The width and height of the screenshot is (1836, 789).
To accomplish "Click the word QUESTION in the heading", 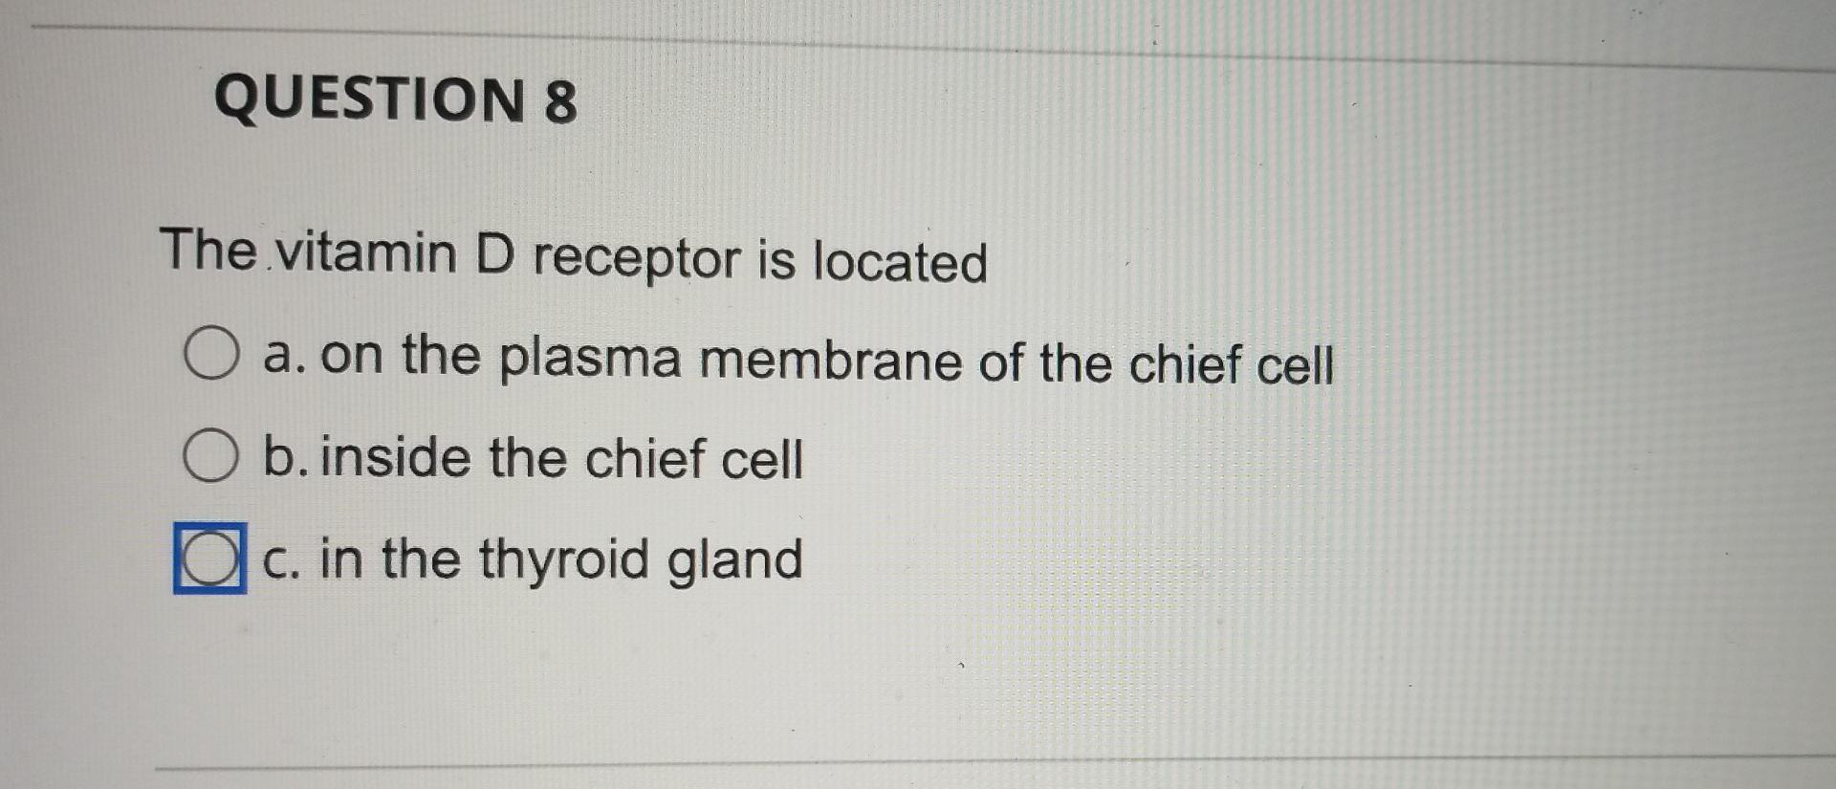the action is pos(369,99).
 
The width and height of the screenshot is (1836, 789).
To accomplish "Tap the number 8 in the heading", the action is pos(561,102).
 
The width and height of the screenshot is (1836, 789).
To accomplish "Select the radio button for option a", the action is pos(211,353).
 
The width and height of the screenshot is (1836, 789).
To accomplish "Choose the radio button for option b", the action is pos(210,455).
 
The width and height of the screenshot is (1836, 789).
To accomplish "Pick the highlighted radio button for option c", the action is pos(209,559).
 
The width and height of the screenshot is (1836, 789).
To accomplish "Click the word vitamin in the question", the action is pos(366,252).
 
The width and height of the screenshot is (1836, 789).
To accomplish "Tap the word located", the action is pos(900,262).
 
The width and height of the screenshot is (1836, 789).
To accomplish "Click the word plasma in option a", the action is pos(590,359).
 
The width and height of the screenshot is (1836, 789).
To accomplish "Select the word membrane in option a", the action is pos(830,362).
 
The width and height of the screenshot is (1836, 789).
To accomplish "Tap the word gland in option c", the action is pos(734,560).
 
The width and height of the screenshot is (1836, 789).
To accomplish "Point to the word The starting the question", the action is pos(208,250).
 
